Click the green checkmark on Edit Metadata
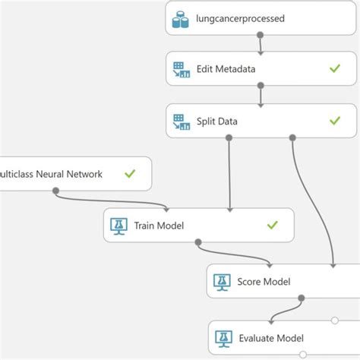click(x=334, y=69)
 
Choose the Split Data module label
click(x=217, y=120)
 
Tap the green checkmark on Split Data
click(x=334, y=120)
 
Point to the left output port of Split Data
click(x=229, y=137)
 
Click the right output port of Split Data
click(x=292, y=137)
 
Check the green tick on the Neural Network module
click(x=130, y=174)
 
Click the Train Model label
click(x=159, y=225)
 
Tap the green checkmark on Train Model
click(x=272, y=225)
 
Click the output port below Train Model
click(x=197, y=242)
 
